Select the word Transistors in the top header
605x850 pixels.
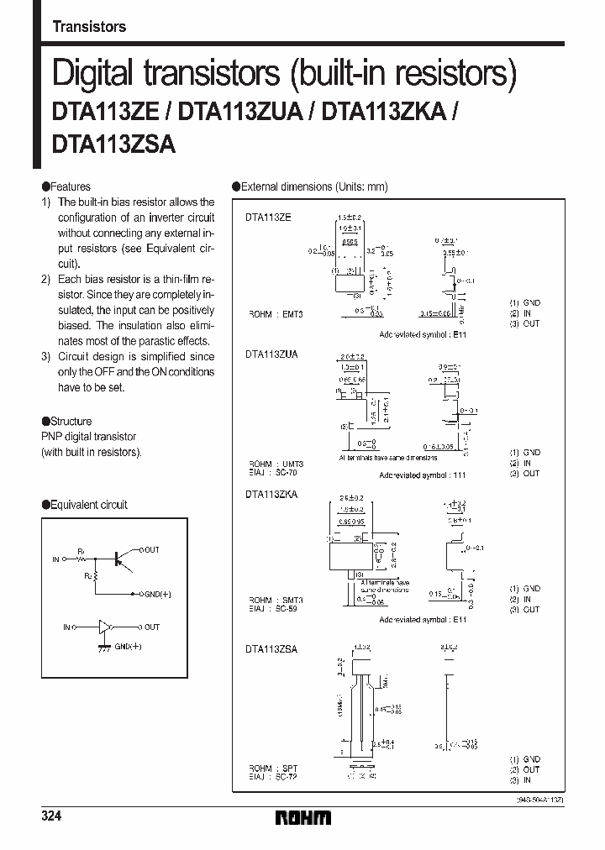[89, 27]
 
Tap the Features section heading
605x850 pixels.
[69, 186]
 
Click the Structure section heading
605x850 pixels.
[71, 421]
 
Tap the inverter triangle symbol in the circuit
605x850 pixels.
[105, 627]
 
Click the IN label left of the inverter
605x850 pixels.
[66, 627]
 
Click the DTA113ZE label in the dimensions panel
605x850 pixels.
[268, 218]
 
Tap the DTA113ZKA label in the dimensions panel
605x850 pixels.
[271, 495]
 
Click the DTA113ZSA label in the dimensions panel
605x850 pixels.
[271, 648]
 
